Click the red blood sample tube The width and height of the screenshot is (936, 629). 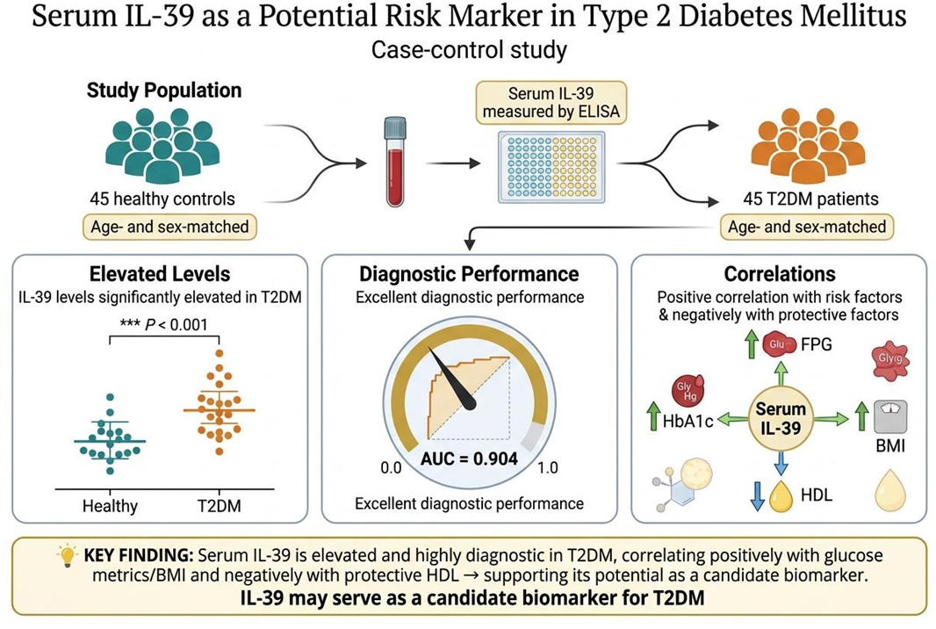click(395, 162)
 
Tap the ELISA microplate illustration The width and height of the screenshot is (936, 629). click(551, 168)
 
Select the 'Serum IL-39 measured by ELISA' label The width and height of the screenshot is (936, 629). click(551, 103)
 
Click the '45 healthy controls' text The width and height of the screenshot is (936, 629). click(162, 199)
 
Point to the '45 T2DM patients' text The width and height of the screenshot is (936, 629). click(810, 199)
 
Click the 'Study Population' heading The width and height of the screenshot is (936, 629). click(164, 90)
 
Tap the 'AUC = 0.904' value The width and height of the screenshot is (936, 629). click(469, 459)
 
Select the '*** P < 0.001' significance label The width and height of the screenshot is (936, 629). click(163, 324)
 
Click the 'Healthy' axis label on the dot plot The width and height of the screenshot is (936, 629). click(110, 506)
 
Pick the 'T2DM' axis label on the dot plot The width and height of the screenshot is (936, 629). click(220, 506)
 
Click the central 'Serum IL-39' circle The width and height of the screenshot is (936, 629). click(781, 418)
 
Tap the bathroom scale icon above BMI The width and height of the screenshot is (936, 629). click(890, 416)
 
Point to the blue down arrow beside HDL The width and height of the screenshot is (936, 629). click(757, 495)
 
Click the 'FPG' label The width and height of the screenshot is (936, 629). click(816, 344)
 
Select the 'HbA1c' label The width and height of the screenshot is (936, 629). click(688, 421)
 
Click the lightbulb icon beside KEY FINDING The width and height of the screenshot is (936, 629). click(67, 555)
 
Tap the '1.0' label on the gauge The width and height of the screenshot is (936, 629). click(547, 467)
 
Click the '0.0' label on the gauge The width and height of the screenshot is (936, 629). click(391, 467)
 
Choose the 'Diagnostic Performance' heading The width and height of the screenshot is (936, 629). click(469, 274)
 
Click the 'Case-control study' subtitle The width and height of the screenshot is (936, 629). click(469, 49)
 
